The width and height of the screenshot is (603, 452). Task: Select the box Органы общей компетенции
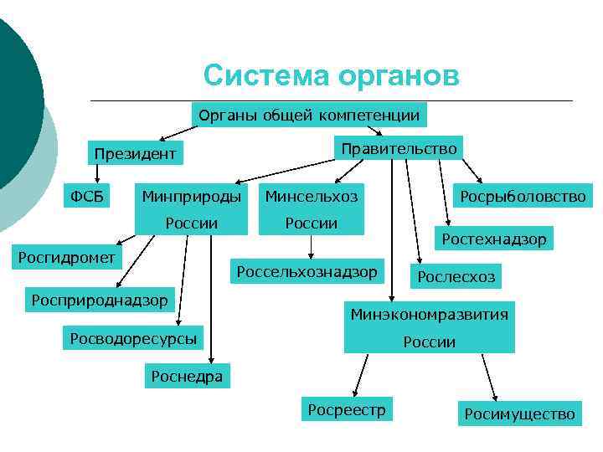[307, 114]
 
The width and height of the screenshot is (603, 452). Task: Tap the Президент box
[135, 154]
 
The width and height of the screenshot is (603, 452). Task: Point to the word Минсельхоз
[312, 197]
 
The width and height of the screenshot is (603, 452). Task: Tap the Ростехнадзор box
[494, 239]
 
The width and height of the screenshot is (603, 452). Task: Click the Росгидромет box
[68, 257]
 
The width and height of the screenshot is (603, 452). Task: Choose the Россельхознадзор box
[307, 271]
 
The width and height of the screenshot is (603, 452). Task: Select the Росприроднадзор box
[100, 299]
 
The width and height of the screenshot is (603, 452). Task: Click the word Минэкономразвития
[429, 316]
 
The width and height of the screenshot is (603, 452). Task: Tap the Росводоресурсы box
[134, 338]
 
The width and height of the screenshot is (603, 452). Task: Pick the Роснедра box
[187, 377]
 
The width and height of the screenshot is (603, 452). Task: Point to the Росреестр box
[347, 409]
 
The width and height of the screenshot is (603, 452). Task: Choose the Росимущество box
[519, 413]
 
